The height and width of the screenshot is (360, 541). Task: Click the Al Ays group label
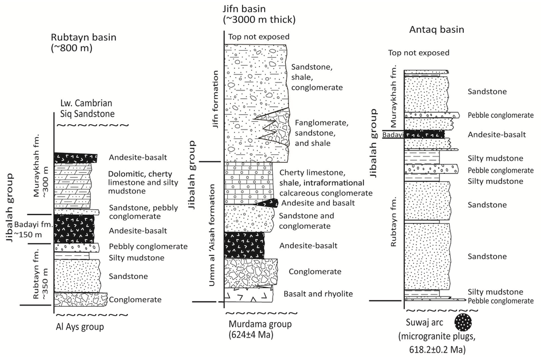click(79, 326)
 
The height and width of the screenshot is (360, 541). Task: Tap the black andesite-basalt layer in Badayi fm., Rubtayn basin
click(74, 229)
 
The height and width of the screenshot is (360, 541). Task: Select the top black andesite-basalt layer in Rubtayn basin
click(75, 157)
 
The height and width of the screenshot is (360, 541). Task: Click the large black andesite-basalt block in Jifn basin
click(244, 245)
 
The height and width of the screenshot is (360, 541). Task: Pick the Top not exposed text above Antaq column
click(418, 53)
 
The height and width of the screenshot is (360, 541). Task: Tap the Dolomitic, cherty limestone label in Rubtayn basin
click(149, 182)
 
